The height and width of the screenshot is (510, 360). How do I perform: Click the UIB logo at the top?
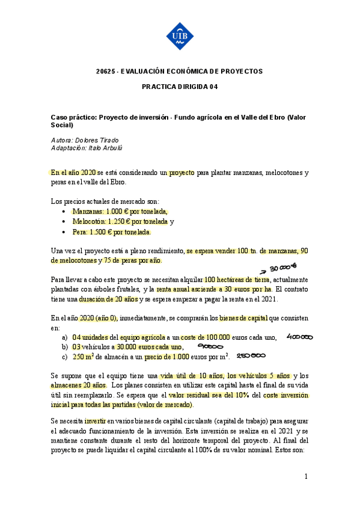(x=180, y=36)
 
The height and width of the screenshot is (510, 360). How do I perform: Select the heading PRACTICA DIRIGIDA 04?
(x=179, y=87)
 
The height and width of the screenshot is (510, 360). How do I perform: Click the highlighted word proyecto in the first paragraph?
(x=181, y=173)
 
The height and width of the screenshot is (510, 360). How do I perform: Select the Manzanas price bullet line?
(x=120, y=212)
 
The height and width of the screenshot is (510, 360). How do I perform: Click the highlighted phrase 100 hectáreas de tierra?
(x=237, y=280)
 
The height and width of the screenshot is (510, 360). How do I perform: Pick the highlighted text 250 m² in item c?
(x=85, y=357)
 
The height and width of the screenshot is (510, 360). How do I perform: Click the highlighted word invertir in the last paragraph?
(x=96, y=421)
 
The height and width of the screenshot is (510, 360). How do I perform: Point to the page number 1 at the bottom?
(x=306, y=477)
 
